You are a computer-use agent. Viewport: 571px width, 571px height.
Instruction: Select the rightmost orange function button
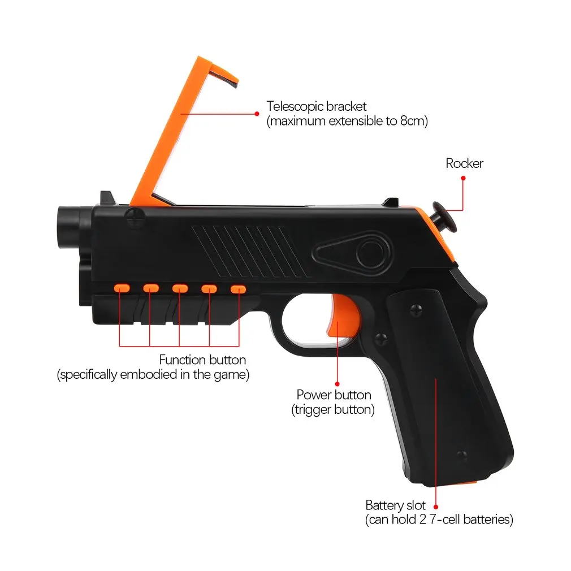point(238,289)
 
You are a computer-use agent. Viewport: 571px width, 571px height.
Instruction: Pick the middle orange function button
point(179,288)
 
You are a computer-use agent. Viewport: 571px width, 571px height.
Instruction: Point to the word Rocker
point(464,164)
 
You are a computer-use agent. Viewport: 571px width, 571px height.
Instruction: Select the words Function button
point(202,360)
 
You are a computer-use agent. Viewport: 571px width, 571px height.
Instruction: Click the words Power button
point(334,395)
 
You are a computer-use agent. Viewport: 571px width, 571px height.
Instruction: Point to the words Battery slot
point(395,505)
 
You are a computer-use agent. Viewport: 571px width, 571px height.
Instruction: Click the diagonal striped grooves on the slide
point(249,250)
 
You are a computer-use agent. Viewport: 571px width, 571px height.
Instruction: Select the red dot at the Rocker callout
point(463,178)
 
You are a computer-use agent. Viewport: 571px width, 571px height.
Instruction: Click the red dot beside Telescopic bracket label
point(257,113)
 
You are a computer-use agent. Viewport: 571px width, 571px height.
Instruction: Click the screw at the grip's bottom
point(460,455)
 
